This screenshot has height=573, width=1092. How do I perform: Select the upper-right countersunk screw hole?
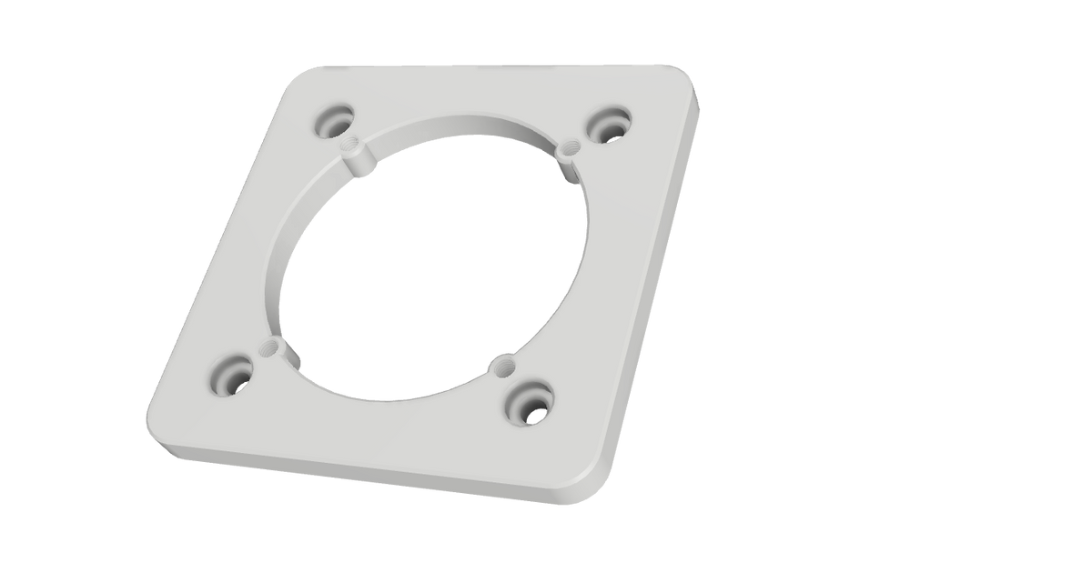607,123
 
